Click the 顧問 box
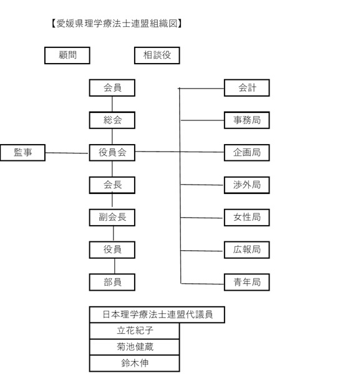pyautogui.click(x=67, y=56)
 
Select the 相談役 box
pyautogui.click(x=157, y=56)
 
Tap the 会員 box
pyautogui.click(x=112, y=88)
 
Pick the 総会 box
pyautogui.click(x=112, y=120)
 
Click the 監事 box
pyautogui.click(x=22, y=153)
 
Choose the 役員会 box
pyautogui.click(x=112, y=153)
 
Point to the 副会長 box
pyautogui.click(x=112, y=218)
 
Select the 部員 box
pyautogui.click(x=112, y=282)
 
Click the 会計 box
pyautogui.click(x=246, y=88)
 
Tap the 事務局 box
pyautogui.click(x=246, y=120)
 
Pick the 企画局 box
pyautogui.click(x=246, y=153)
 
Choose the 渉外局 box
pyautogui.click(x=246, y=185)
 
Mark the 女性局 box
pyautogui.click(x=246, y=218)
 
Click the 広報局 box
pyautogui.click(x=246, y=250)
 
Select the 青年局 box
pyautogui.click(x=246, y=282)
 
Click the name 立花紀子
pyautogui.click(x=135, y=331)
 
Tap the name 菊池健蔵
pyautogui.click(x=135, y=347)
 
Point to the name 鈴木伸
pyautogui.click(x=135, y=363)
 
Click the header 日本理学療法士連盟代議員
pyautogui.click(x=158, y=314)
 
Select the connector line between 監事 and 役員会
pyautogui.click(x=67, y=153)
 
